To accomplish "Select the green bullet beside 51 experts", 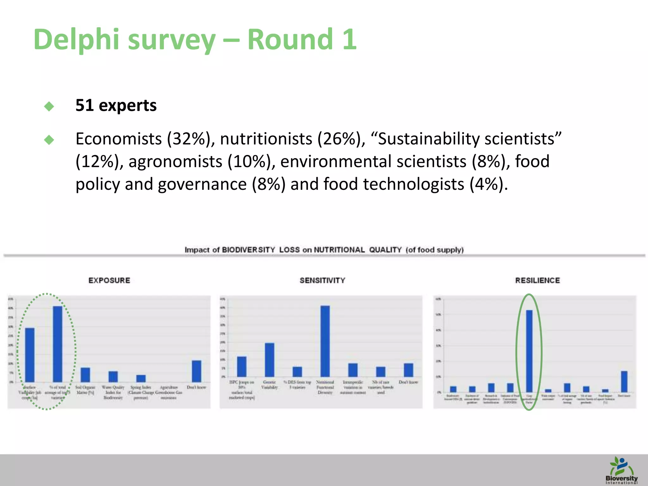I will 49,106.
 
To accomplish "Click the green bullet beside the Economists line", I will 49,140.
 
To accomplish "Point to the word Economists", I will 119,139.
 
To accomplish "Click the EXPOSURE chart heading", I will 109,280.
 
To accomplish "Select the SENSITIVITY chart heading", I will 322,280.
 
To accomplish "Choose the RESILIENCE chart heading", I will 537,280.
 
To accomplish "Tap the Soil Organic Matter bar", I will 85,375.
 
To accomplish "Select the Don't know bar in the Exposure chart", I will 196,371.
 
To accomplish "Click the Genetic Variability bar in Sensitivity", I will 270,360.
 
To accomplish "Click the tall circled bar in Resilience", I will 529,351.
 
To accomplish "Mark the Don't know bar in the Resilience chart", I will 624,382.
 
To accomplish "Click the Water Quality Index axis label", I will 113,392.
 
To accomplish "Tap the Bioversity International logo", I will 621,470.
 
